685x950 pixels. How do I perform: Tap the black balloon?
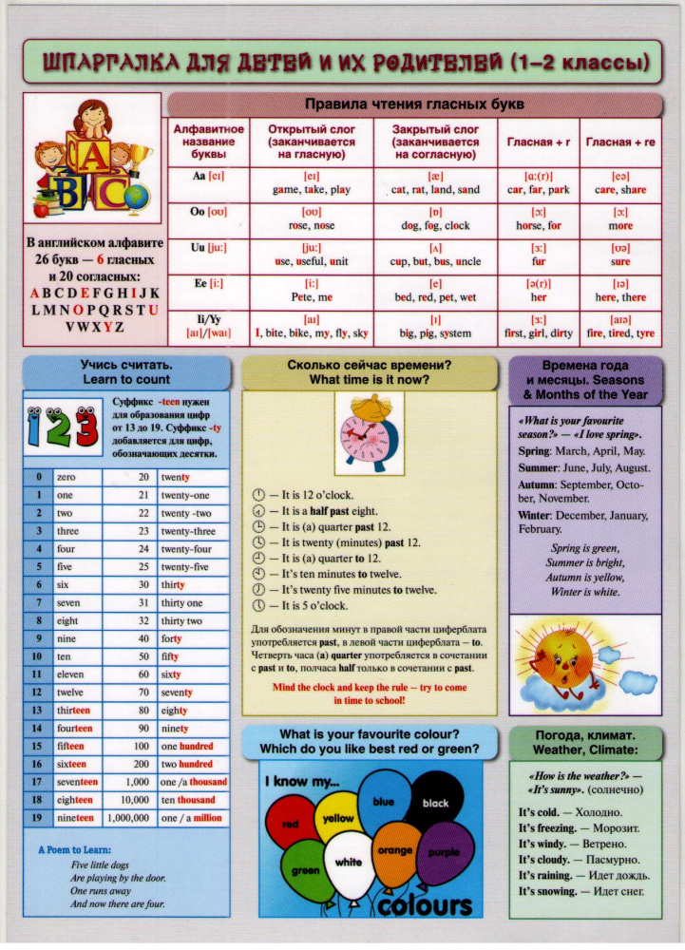coord(434,805)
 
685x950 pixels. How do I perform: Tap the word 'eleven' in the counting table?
coord(71,674)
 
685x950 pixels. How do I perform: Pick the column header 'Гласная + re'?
coord(620,142)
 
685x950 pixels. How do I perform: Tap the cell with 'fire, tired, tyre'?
coord(620,334)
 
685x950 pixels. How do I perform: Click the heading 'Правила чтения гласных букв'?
coord(414,104)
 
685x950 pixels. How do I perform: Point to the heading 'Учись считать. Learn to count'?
coord(125,371)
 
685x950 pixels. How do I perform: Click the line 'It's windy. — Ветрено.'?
coord(569,844)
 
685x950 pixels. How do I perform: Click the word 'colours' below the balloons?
coord(424,905)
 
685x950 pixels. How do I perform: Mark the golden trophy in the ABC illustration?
coord(142,151)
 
